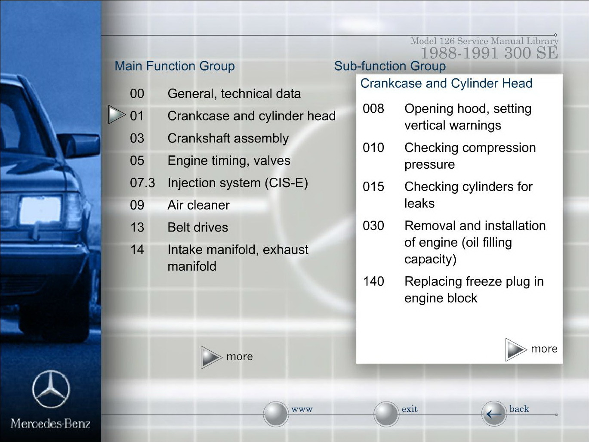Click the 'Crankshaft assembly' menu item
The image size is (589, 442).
[228, 139]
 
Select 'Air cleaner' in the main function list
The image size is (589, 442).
[199, 205]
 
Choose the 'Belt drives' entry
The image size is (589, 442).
[198, 227]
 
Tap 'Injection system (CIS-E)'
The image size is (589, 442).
[238, 183]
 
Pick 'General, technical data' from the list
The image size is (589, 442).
[234, 94]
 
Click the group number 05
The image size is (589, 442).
[137, 161]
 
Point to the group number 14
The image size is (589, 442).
[137, 250]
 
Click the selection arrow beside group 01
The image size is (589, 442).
[117, 114]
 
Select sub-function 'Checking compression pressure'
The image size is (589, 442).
[470, 156]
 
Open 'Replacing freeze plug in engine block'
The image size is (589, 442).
[474, 290]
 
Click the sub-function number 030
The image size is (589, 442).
[373, 226]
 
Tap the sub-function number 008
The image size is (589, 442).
[373, 109]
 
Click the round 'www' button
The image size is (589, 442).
[276, 414]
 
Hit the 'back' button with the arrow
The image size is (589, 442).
[494, 414]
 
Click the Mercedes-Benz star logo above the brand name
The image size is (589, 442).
[51, 389]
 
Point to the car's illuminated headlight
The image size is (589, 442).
[40, 210]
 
